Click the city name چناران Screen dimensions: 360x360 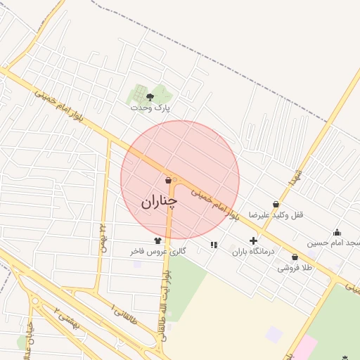(x=159, y=201)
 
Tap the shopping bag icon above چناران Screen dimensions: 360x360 (x=168, y=180)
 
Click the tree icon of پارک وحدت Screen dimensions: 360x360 (x=150, y=96)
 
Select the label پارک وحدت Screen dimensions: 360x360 (x=150, y=108)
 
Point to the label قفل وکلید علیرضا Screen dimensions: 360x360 (x=281, y=215)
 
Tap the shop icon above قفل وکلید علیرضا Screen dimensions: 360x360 (x=274, y=204)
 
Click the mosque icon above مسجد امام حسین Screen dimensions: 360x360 (x=337, y=232)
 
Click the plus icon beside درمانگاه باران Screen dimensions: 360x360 (x=253, y=240)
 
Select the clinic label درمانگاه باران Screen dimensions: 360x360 (x=251, y=251)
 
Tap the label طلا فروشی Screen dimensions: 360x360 (x=293, y=268)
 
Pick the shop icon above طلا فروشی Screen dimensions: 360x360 (x=294, y=257)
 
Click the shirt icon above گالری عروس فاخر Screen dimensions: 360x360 (x=157, y=240)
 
